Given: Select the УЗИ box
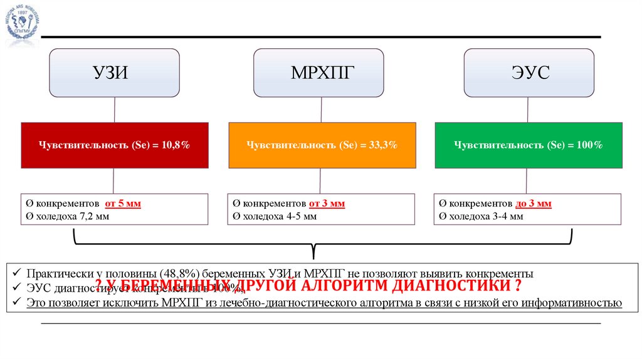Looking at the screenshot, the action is tap(115, 73).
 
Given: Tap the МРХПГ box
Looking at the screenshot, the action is tap(318, 73).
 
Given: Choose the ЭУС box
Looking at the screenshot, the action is tap(529, 73).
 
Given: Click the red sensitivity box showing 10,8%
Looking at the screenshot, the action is tap(115, 145).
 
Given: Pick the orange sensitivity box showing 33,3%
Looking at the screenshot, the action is tap(322, 145).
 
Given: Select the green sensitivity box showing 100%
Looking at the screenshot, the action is tap(529, 145).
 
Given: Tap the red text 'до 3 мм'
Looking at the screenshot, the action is tap(534, 204).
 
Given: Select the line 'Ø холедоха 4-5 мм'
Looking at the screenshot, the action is tap(275, 216).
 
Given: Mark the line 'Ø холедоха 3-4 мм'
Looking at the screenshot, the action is tap(481, 216).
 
